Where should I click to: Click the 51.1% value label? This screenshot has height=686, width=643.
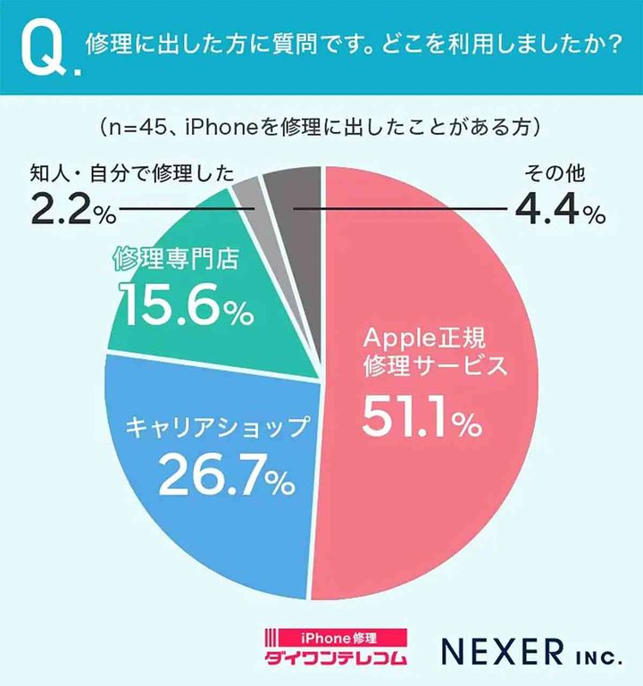[x=420, y=420]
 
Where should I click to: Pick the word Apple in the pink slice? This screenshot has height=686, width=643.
[x=392, y=338]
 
